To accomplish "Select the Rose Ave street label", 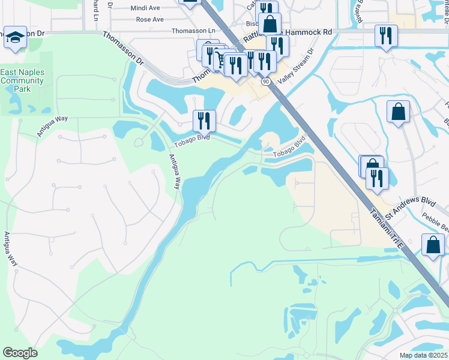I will click(x=150, y=19).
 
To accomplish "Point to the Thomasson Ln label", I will click(x=193, y=31).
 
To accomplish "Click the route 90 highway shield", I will click(x=266, y=80).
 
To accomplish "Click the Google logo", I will click(x=20, y=352).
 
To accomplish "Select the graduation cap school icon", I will click(x=15, y=37).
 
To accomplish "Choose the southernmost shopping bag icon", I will click(x=433, y=244).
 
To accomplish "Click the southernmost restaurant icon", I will click(x=377, y=178).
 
